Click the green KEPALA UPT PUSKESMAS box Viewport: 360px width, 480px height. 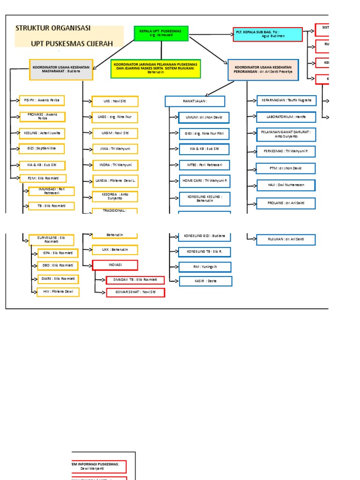(x=161, y=33)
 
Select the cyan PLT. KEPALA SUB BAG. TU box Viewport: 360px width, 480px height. (x=267, y=34)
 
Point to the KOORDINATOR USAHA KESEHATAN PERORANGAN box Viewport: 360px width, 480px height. (x=262, y=69)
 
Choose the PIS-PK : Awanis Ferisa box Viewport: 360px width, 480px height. (x=42, y=100)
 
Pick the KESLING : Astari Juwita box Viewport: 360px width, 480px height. (x=42, y=133)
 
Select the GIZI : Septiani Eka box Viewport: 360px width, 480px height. (x=42, y=149)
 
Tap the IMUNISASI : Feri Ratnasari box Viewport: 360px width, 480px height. (x=52, y=191)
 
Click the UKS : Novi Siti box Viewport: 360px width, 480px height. (x=115, y=101)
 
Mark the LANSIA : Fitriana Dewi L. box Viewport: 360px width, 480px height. (x=115, y=180)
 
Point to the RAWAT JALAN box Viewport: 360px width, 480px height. (x=195, y=101)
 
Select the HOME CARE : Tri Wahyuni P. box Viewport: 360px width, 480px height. (x=205, y=180)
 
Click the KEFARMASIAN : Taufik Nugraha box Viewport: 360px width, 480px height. (x=286, y=100)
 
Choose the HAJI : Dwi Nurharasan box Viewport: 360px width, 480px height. (x=286, y=185)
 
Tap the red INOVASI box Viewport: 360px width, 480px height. (x=115, y=265)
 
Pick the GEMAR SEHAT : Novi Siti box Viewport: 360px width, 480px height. (x=136, y=292)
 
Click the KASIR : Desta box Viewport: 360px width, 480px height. (x=205, y=281)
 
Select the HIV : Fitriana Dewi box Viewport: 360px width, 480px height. (x=58, y=292)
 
